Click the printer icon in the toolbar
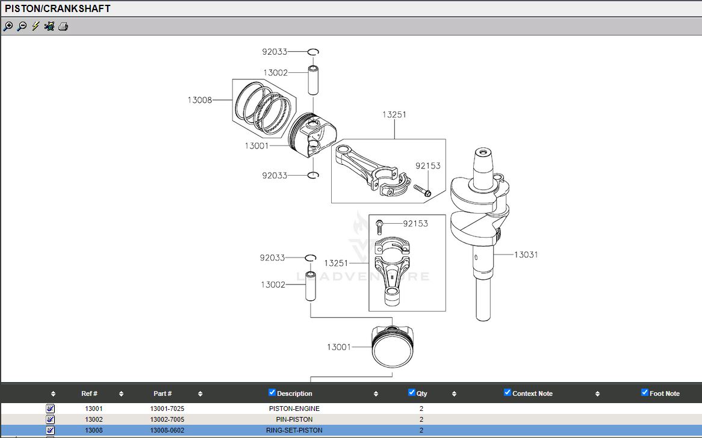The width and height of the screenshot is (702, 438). pyautogui.click(x=63, y=26)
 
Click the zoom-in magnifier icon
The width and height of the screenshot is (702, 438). pyautogui.click(x=8, y=26)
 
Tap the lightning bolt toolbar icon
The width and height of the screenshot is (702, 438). pyautogui.click(x=36, y=26)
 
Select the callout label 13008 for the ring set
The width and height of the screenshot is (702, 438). pyautogui.click(x=200, y=100)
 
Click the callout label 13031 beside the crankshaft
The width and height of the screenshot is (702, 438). pyautogui.click(x=526, y=254)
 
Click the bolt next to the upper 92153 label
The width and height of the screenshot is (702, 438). pyautogui.click(x=422, y=191)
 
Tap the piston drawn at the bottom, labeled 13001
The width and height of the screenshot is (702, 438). pyautogui.click(x=393, y=347)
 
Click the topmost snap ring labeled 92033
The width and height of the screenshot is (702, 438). pyautogui.click(x=313, y=52)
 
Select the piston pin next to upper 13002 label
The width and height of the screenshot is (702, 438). pyautogui.click(x=313, y=81)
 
